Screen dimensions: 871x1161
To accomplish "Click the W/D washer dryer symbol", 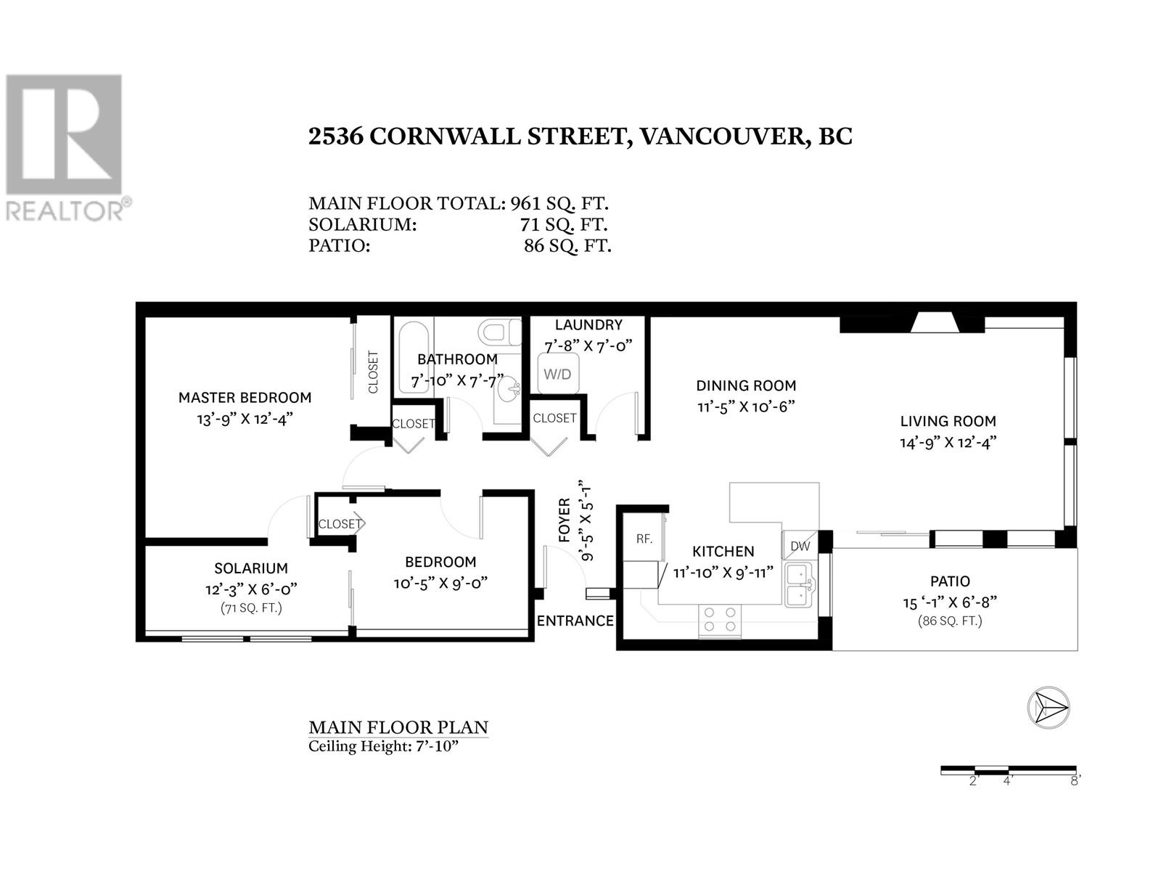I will pos(557,374).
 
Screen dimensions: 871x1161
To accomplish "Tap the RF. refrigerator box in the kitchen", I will pos(644,539).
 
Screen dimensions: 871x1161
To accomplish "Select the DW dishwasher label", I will pos(800,546).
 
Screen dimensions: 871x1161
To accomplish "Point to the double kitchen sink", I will pos(800,585).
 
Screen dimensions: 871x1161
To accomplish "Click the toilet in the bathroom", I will pos(501,333).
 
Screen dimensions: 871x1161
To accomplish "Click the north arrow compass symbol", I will pos(1049,706).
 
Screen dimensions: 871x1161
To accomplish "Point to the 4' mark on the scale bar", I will pos(1008,781).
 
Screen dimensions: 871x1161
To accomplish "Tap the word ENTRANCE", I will pos(575,621).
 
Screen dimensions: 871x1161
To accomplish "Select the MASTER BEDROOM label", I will pos(245,398).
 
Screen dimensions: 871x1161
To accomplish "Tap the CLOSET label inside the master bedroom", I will pos(374,372).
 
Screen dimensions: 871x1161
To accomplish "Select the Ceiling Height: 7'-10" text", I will pos(384,747).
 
